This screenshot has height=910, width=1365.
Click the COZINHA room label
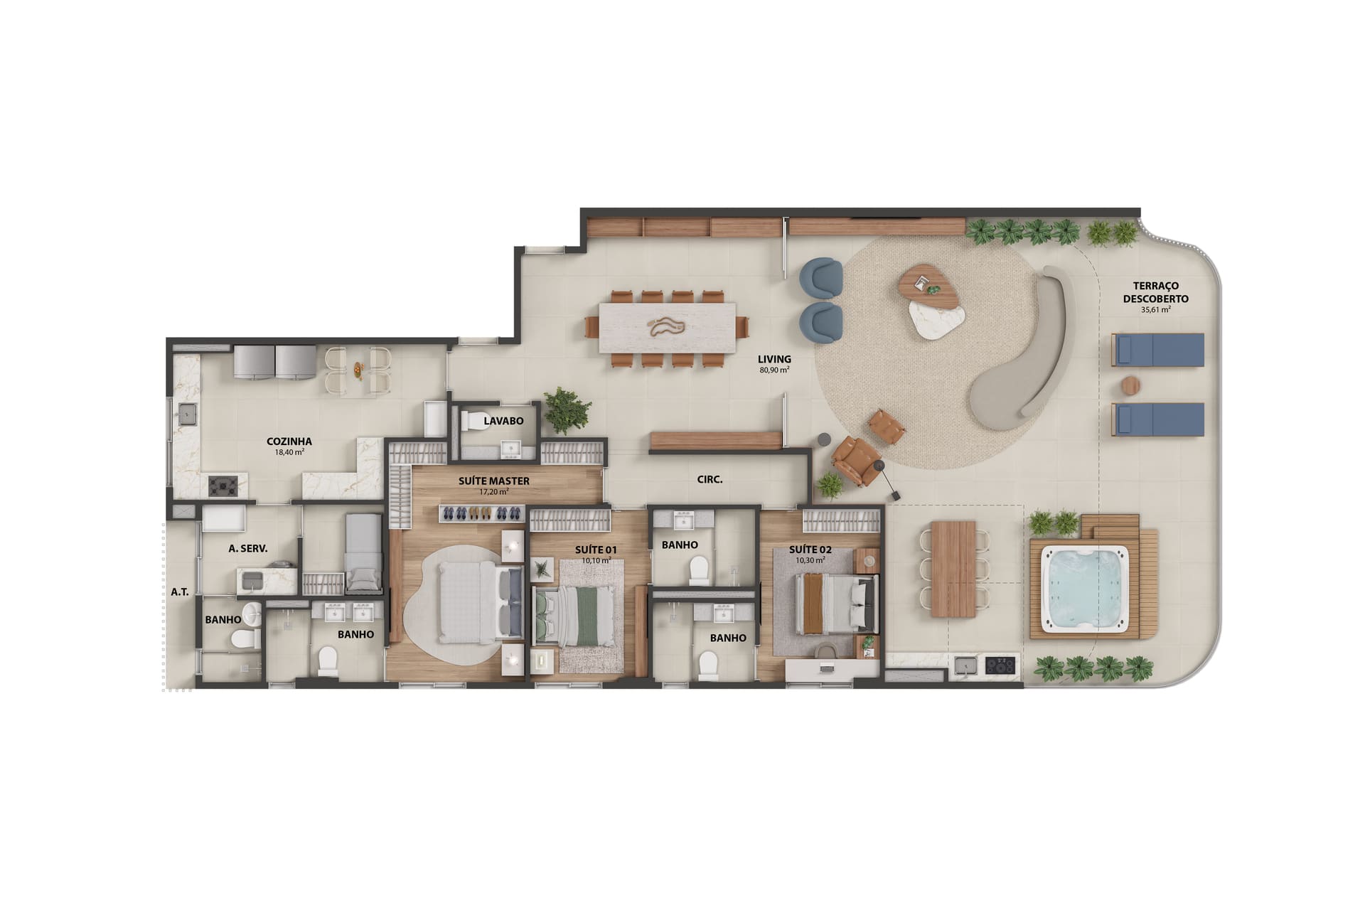coord(289,441)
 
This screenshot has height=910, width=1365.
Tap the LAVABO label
coord(503,421)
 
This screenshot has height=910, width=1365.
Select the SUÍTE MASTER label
coord(494,481)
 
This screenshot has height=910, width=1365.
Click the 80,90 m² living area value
coord(774,370)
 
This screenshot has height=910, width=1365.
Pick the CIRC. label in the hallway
coord(710,480)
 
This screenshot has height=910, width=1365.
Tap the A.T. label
coord(180,591)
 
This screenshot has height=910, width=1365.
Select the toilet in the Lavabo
coord(473,422)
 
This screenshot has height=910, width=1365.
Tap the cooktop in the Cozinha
coord(227,486)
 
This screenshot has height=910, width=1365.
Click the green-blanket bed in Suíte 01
coord(574,616)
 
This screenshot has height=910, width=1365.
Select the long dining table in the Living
coord(668,327)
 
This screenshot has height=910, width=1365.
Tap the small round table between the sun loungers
coord(1131,385)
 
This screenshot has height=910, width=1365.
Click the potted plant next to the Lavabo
coord(567,410)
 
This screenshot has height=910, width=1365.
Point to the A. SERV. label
coord(247,549)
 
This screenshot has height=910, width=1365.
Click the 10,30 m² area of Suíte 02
coord(810,560)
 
